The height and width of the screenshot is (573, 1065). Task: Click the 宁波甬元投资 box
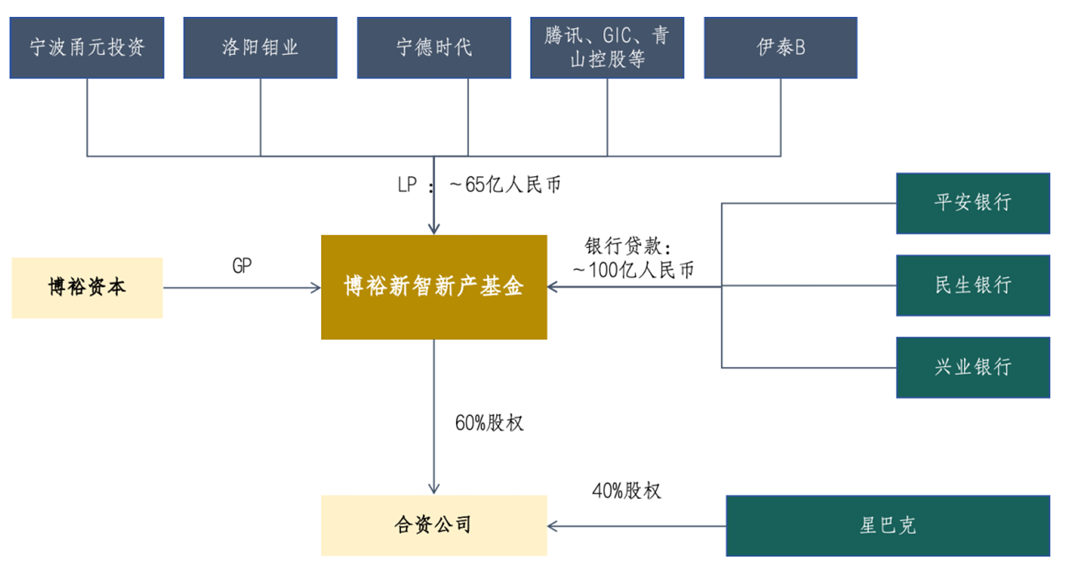[x=86, y=48]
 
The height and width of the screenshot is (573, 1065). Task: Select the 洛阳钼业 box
[x=260, y=48]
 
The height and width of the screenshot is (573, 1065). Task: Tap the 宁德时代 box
[x=434, y=48]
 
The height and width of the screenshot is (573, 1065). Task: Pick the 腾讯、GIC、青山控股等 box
[x=607, y=48]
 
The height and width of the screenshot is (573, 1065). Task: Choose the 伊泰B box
[x=781, y=48]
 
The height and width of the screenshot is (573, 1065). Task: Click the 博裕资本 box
[x=86, y=287]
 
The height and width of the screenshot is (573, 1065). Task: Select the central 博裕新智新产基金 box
[x=434, y=287]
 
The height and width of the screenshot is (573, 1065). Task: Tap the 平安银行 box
[x=973, y=202]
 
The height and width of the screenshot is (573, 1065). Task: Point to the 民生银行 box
[x=973, y=285]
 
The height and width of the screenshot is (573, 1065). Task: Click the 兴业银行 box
[x=973, y=367]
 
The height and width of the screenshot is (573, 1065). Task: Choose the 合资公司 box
[x=434, y=525]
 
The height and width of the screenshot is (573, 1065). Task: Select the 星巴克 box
[x=888, y=525]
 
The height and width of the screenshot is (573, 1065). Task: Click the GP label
[x=242, y=266]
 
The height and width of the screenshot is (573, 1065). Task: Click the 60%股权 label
[x=489, y=423]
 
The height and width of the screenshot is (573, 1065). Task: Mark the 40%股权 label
[x=626, y=490]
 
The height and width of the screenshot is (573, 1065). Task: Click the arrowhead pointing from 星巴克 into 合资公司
[x=553, y=526]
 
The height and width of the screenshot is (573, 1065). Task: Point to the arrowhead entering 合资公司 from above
[x=434, y=489]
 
